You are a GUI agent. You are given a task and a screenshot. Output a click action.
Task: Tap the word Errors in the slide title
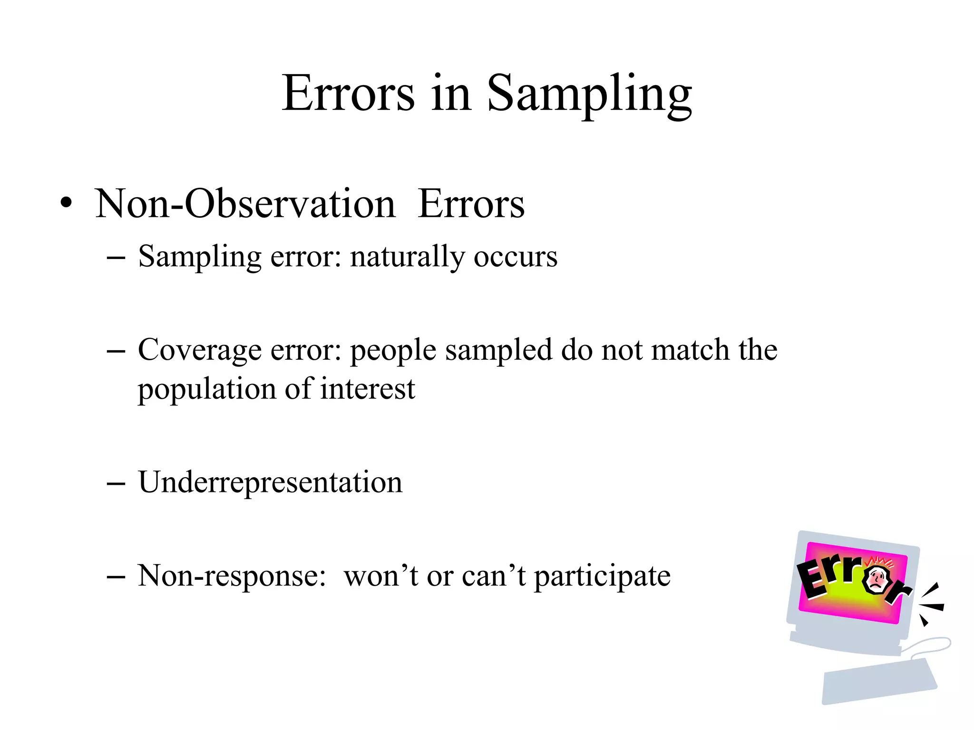coord(348,93)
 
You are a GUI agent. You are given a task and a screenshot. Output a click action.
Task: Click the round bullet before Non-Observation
coord(67,203)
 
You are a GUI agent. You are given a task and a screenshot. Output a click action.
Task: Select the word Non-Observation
coord(245,203)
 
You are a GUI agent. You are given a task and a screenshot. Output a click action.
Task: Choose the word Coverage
coord(200,351)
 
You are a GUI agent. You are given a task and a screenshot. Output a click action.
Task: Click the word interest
coord(367,389)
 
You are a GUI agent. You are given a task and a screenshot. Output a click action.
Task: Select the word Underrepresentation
coord(270,482)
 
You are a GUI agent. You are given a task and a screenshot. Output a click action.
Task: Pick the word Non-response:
coord(232,576)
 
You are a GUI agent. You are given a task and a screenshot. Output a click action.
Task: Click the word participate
coord(602,576)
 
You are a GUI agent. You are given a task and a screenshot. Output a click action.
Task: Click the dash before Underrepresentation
coord(116,484)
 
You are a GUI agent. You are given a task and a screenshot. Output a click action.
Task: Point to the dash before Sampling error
coord(116,258)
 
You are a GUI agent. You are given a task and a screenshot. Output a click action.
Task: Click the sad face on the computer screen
coord(877,580)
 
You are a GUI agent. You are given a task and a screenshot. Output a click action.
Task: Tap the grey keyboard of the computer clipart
coord(879,681)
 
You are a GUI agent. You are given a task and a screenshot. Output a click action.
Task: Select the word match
coord(690,350)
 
